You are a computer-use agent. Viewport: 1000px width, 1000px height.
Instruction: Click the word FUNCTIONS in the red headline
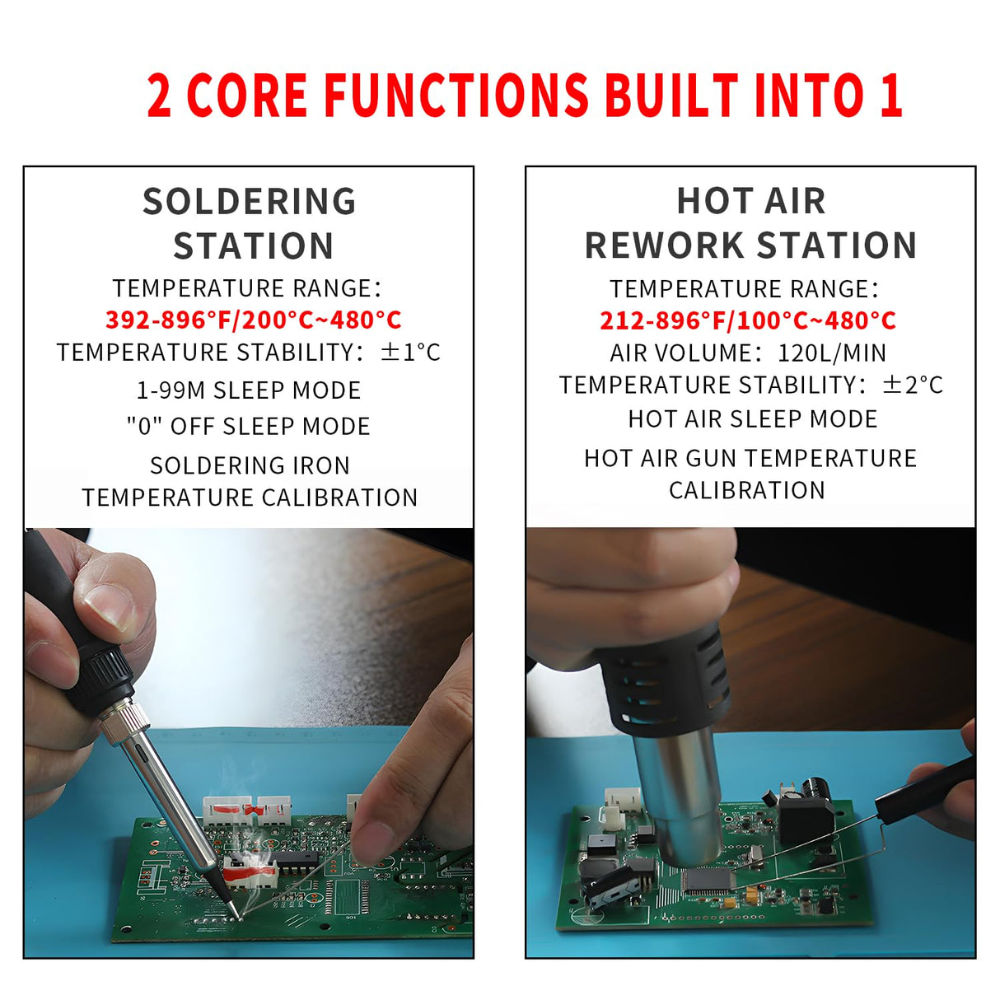point(456,96)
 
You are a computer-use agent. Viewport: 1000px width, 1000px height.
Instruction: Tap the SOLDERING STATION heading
point(250,224)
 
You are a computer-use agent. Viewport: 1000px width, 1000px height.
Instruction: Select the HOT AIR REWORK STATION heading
point(750,223)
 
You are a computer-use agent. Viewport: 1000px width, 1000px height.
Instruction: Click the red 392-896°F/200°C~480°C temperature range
point(253,320)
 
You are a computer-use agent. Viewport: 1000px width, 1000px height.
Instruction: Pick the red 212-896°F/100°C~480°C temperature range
point(747,320)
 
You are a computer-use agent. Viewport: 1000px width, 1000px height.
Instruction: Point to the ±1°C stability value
point(410,353)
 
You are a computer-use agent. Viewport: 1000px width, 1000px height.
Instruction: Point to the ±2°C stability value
point(912,385)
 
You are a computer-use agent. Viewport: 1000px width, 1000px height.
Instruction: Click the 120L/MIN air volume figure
point(832,353)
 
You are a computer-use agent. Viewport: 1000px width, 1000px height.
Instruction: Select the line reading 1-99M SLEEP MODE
point(249,390)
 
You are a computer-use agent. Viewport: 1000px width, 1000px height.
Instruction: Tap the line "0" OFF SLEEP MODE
point(249,427)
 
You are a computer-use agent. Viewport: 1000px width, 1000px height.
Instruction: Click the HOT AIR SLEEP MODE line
point(752,419)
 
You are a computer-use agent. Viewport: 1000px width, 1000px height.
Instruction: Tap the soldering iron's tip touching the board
point(233,913)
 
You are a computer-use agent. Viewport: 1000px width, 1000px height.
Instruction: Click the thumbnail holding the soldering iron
point(108,608)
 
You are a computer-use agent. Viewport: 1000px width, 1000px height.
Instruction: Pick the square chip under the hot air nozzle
point(708,880)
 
